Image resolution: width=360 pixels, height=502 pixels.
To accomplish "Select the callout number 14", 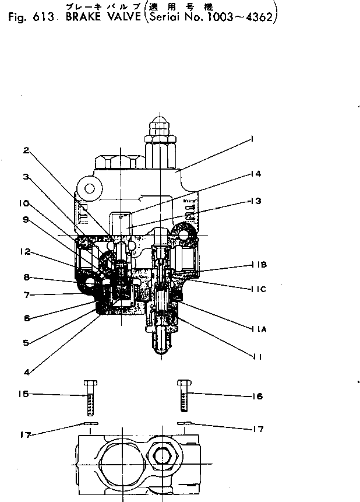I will coord(257,173).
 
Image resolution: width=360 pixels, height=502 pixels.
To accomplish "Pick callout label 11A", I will coord(260,329).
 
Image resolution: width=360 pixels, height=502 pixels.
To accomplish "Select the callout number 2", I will coord(27,150).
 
